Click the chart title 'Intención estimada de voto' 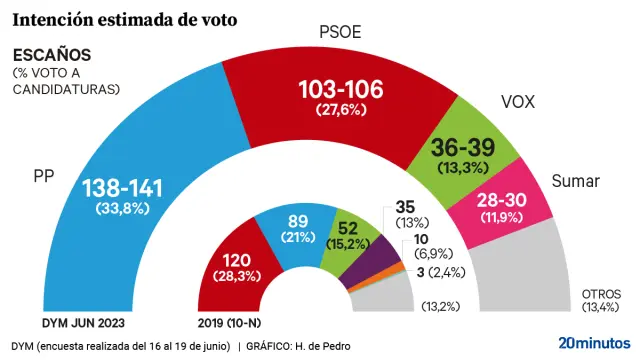pos(124,18)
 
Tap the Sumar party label pos(576,181)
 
